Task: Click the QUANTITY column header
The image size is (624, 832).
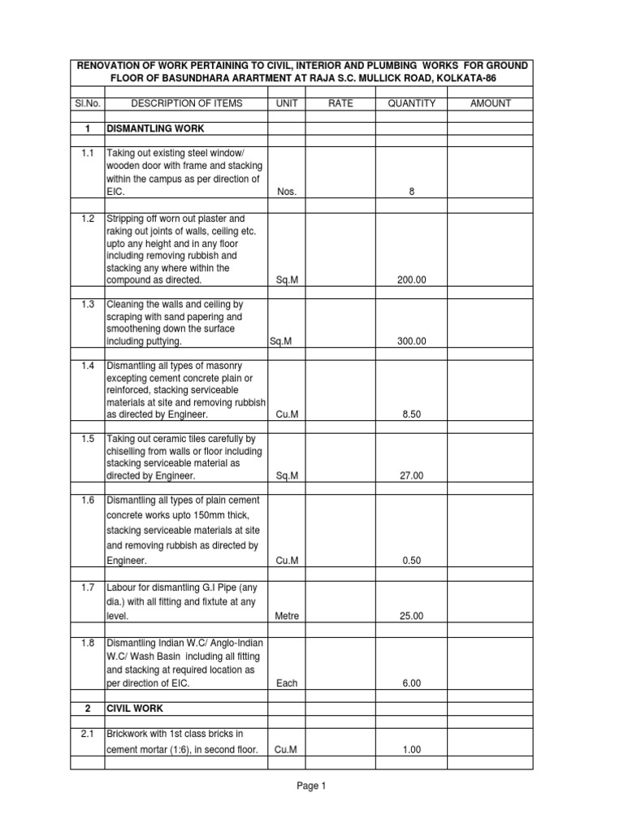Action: tap(412, 103)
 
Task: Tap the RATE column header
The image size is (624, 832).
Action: tap(340, 103)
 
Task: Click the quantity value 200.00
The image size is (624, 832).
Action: tap(412, 279)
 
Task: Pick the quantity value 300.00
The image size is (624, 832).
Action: tap(412, 342)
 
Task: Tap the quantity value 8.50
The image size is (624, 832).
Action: tap(412, 414)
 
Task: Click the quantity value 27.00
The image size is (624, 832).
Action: tap(412, 477)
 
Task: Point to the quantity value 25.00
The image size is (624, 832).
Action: tap(412, 617)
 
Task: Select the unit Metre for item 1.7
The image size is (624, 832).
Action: tap(287, 617)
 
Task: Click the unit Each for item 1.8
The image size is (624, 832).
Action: tap(287, 684)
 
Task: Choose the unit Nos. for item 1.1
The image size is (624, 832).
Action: tap(287, 192)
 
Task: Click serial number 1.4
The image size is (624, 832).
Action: tap(88, 366)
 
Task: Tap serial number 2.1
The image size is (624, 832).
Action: tap(88, 734)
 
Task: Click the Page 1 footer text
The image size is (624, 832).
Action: tap(311, 786)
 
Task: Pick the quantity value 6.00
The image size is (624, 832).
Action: tap(412, 684)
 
